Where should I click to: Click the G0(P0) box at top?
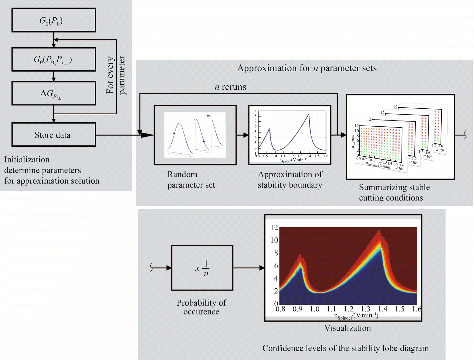pyautogui.click(x=53, y=20)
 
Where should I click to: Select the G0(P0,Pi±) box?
pyautogui.click(x=53, y=59)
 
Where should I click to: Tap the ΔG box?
pyautogui.click(x=53, y=93)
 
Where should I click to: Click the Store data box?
pyautogui.click(x=53, y=135)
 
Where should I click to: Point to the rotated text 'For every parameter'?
pyautogui.click(x=116, y=75)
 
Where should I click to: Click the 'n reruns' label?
pyautogui.click(x=230, y=87)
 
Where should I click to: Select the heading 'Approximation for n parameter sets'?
pyautogui.click(x=307, y=68)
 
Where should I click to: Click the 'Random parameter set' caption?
pyautogui.click(x=191, y=180)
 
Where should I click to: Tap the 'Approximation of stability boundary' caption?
pyautogui.click(x=290, y=180)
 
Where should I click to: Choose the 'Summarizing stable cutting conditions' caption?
pyautogui.click(x=394, y=192)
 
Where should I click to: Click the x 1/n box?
pyautogui.click(x=202, y=268)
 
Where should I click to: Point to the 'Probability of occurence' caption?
pyautogui.click(x=201, y=307)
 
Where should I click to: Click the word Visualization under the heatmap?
pyautogui.click(x=347, y=328)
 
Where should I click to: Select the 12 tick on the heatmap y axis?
pyautogui.click(x=274, y=228)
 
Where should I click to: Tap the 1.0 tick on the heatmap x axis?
pyautogui.click(x=314, y=309)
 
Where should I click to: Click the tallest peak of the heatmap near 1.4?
pyautogui.click(x=380, y=231)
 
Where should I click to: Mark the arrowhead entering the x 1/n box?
pyautogui.click(x=169, y=268)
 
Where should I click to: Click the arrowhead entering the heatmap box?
pyautogui.click(x=262, y=268)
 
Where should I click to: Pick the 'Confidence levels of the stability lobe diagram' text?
pyautogui.click(x=345, y=348)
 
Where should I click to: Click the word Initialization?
pyautogui.click(x=27, y=160)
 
